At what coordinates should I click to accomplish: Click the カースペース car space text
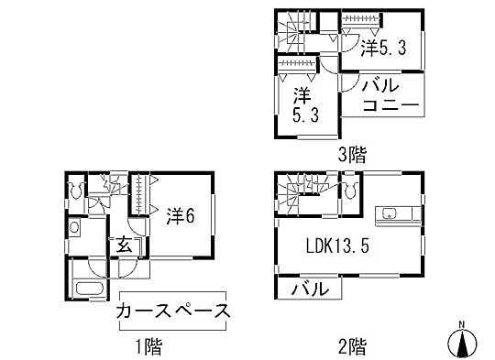pos(172,311)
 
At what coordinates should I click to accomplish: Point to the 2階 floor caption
pos(351,346)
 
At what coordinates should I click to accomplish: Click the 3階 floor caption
pos(351,154)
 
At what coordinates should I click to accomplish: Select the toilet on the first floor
pos(75,191)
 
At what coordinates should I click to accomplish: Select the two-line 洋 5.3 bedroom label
pos(302,104)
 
